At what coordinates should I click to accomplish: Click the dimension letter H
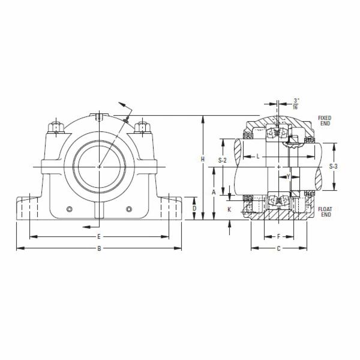(x=203, y=159)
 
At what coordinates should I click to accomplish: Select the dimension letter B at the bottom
(x=99, y=248)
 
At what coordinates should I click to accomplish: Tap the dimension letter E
(x=99, y=236)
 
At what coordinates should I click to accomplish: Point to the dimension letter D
(x=193, y=208)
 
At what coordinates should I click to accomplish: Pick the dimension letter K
(x=229, y=209)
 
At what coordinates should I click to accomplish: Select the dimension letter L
(x=257, y=156)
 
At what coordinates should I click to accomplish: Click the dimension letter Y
(x=288, y=176)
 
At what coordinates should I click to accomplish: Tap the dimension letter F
(x=278, y=236)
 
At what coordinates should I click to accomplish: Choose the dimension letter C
(x=278, y=248)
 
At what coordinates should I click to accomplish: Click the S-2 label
(x=222, y=160)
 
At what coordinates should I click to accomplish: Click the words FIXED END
(x=325, y=121)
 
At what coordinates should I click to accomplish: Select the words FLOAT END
(x=325, y=212)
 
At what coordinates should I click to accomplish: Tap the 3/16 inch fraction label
(x=296, y=103)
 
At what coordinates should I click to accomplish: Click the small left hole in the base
(x=70, y=209)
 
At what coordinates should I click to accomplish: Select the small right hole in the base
(x=128, y=209)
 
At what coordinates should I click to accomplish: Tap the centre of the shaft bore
(x=99, y=166)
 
